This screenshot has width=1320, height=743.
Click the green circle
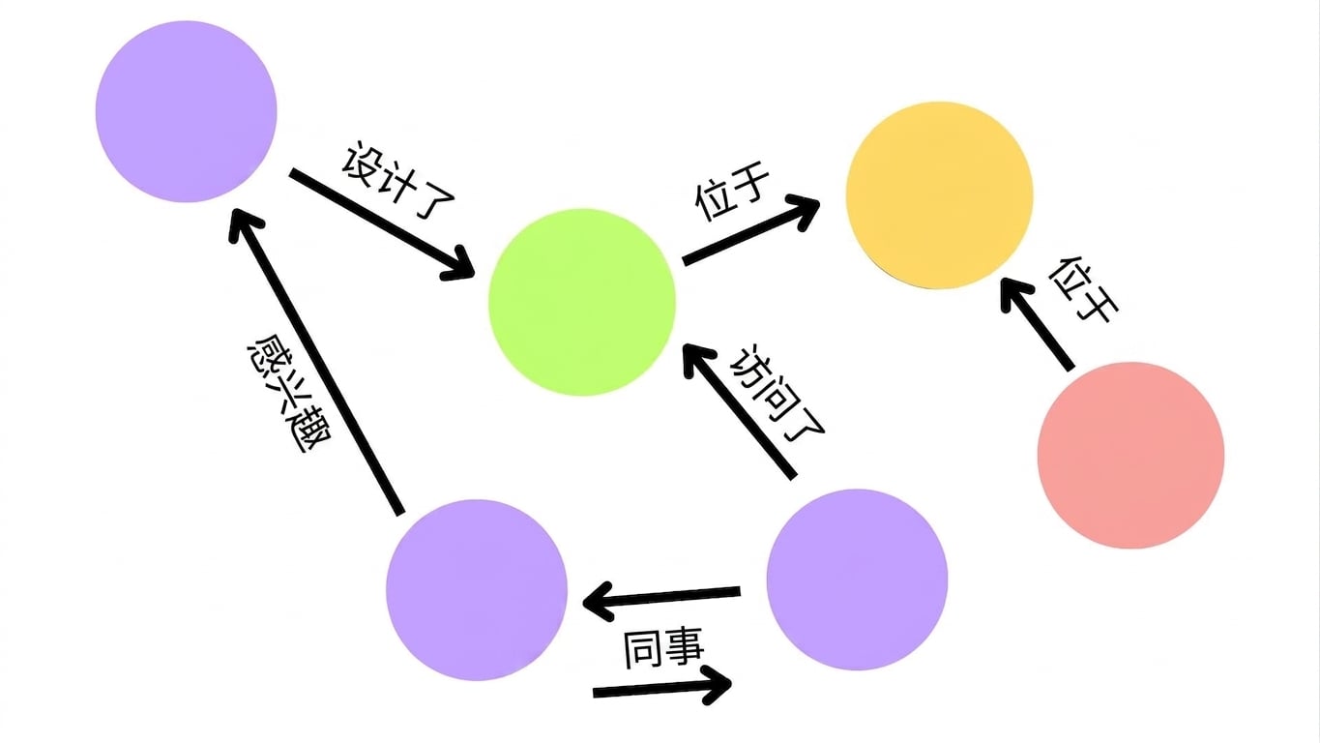tap(581, 302)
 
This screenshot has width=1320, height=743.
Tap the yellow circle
tap(939, 195)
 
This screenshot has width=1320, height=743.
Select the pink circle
tap(1130, 456)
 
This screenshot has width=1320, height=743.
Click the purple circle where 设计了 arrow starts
tap(187, 111)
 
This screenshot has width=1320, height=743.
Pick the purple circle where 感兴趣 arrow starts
tap(477, 590)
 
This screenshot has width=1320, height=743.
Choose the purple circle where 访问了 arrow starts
tap(857, 580)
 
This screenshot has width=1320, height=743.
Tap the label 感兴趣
tap(289, 394)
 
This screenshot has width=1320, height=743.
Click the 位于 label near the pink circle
tap(1083, 289)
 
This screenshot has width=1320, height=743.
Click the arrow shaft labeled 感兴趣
tap(314, 361)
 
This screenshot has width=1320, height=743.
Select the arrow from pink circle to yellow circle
tap(1036, 324)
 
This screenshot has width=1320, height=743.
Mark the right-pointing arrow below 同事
tap(662, 687)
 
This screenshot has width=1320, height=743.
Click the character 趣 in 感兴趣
tap(308, 431)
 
